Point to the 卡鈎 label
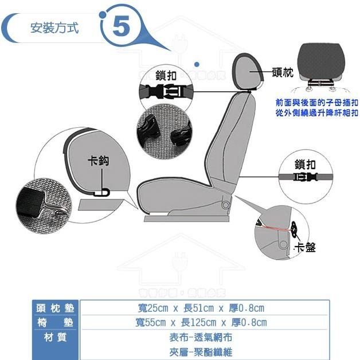(x=98, y=162)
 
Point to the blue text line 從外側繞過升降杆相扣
(x=317, y=112)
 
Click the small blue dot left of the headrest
(x=197, y=64)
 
